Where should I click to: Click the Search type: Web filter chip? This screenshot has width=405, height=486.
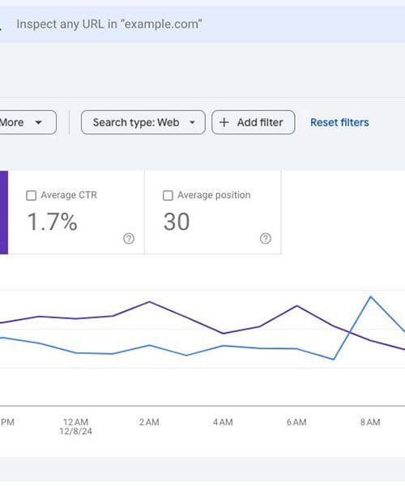[143, 122]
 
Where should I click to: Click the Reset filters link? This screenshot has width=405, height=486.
[339, 122]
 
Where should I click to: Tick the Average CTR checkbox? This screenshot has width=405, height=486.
[31, 195]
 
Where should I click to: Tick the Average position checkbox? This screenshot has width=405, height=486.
[168, 195]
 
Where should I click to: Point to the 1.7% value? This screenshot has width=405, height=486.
[53, 222]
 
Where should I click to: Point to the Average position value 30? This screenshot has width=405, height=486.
[177, 222]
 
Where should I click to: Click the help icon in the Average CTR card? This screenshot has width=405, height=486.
[128, 239]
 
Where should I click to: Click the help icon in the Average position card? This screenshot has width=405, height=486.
[265, 239]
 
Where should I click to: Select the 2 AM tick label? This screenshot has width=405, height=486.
[149, 423]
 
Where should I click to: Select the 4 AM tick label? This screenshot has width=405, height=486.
[223, 423]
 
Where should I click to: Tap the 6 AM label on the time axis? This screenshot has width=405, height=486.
[296, 423]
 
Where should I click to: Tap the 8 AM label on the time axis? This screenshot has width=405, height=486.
[370, 423]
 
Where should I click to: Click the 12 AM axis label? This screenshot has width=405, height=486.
[75, 423]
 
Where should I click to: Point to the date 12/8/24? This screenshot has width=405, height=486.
[75, 433]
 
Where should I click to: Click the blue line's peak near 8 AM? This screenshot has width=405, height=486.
[371, 296]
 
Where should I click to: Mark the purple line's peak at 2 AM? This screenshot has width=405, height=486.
[150, 302]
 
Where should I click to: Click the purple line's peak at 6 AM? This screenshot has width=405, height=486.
[297, 305]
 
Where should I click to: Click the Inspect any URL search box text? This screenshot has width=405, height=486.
[109, 24]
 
